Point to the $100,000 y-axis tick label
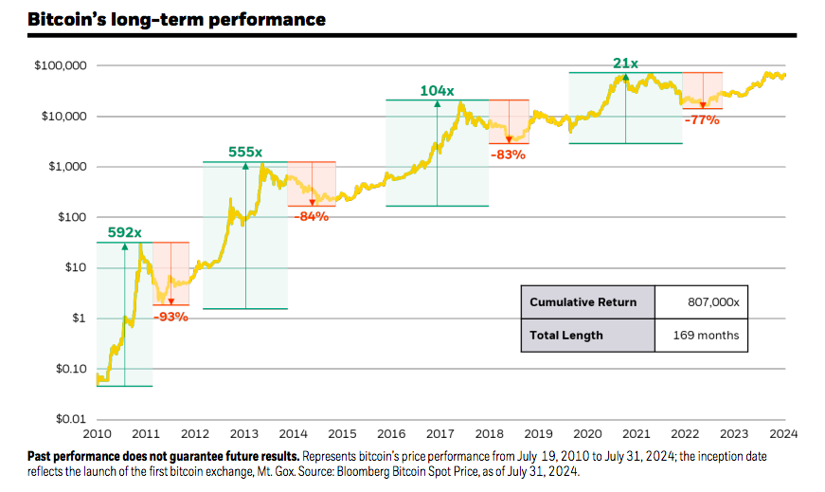click(61, 66)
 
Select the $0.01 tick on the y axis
click(70, 418)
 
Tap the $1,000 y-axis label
click(67, 167)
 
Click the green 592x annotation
click(124, 232)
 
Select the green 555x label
click(245, 152)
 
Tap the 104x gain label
click(437, 90)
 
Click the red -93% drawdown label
click(171, 316)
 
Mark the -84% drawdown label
click(312, 216)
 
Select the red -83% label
click(509, 154)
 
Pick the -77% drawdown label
click(702, 119)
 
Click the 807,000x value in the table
click(711, 302)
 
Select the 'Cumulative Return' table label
click(583, 302)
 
